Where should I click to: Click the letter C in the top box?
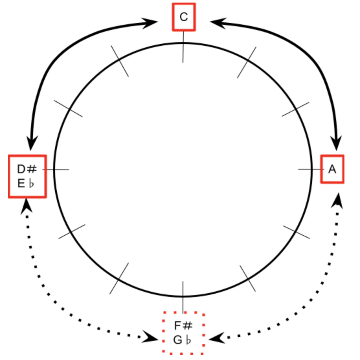tap(184, 17)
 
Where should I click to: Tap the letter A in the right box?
tap(332, 169)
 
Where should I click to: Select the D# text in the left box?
tap(27, 169)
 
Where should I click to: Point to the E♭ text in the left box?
tap(26, 184)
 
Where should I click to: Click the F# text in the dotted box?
tap(183, 325)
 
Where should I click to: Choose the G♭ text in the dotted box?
tap(182, 340)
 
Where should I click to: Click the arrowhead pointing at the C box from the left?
tap(150, 23)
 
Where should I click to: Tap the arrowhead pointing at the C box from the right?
tap(218, 23)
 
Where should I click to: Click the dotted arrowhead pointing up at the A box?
tap(337, 201)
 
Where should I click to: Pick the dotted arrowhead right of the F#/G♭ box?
tap(217, 338)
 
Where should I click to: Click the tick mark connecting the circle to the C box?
tap(183, 47)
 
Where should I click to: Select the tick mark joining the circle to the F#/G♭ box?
tap(183, 297)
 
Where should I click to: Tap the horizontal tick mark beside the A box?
tap(311, 169)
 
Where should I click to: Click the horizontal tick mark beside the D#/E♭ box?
tap(56, 170)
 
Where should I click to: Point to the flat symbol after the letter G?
tap(188, 340)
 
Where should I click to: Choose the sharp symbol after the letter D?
tap(32, 169)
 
